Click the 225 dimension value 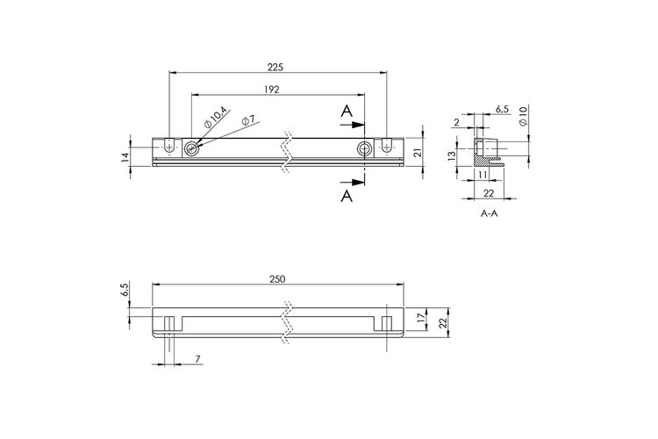tap(275, 67)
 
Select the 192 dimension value tap(271, 90)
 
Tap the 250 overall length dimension tap(276, 279)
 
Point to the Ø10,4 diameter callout tap(215, 118)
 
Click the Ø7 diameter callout tap(248, 120)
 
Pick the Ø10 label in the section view tap(523, 116)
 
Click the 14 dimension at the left tap(125, 157)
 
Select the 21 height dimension tap(417, 153)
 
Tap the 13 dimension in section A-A tap(452, 156)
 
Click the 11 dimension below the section tap(482, 174)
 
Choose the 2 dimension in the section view tap(456, 122)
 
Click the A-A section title tap(489, 213)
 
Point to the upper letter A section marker tap(347, 112)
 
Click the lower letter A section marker tap(347, 196)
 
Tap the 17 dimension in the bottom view tap(421, 318)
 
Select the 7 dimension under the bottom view tap(197, 359)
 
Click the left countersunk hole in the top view tap(191, 148)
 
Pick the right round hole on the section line tap(364, 148)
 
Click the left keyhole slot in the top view tap(169, 146)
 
